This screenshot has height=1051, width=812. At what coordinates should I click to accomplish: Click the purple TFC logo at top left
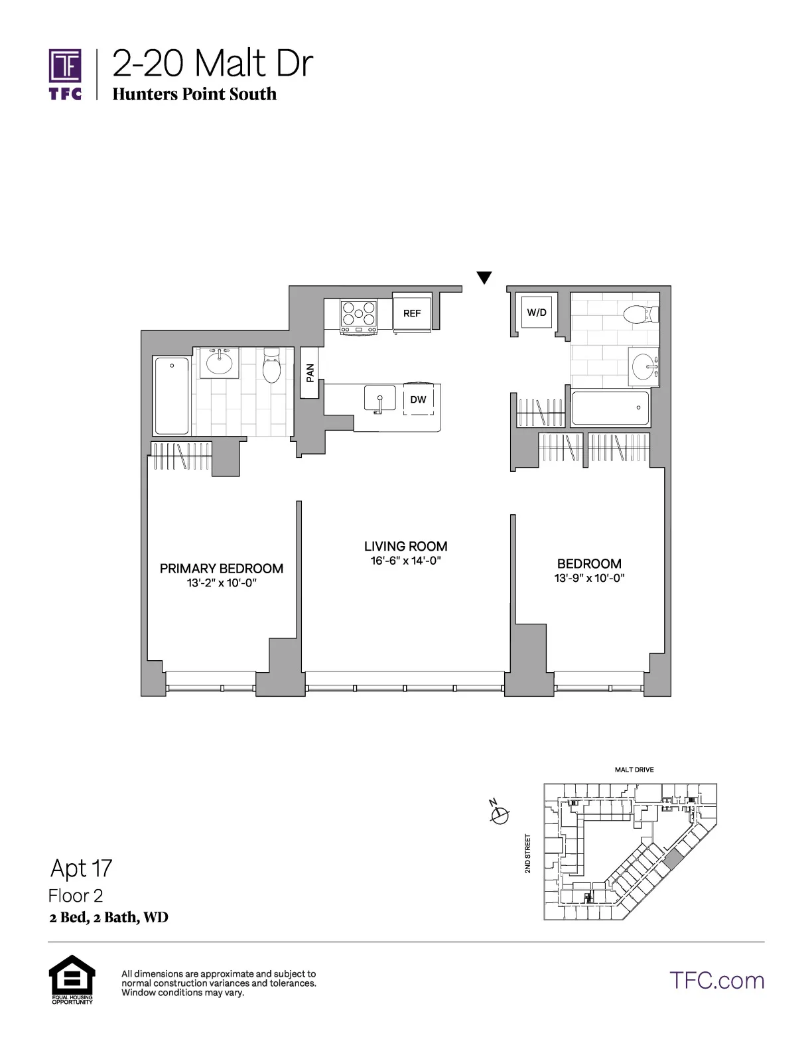tap(65, 73)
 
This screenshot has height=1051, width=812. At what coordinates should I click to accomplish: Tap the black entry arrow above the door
tap(484, 278)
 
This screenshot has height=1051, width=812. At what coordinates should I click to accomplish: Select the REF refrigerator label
tap(412, 313)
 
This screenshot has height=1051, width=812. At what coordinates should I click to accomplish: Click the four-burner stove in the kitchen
tap(358, 316)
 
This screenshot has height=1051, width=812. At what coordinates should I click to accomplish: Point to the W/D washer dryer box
tap(537, 312)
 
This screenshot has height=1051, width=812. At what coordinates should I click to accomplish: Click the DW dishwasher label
tap(418, 399)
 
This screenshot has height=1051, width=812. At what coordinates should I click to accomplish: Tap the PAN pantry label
tap(310, 373)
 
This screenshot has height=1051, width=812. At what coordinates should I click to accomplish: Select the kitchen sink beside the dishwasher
tap(379, 400)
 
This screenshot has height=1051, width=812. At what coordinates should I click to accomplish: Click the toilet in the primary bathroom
tap(271, 366)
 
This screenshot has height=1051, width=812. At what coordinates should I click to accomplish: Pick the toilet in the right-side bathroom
tap(641, 313)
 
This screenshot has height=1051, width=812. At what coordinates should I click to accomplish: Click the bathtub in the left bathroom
tap(172, 395)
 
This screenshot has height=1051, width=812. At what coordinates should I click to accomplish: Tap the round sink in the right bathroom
tap(643, 366)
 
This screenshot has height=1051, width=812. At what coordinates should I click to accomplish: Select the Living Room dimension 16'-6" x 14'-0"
tap(405, 561)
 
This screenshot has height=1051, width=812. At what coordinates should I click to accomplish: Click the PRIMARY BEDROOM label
tap(222, 569)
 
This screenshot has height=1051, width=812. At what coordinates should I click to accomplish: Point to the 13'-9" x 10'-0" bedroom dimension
tap(589, 579)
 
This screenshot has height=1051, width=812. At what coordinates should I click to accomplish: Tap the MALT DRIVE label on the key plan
tap(634, 770)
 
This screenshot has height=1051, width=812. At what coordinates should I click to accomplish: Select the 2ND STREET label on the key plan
tap(528, 853)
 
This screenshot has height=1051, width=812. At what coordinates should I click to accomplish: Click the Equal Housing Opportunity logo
tap(72, 979)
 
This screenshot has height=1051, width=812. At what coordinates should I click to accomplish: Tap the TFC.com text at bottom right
tap(716, 981)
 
